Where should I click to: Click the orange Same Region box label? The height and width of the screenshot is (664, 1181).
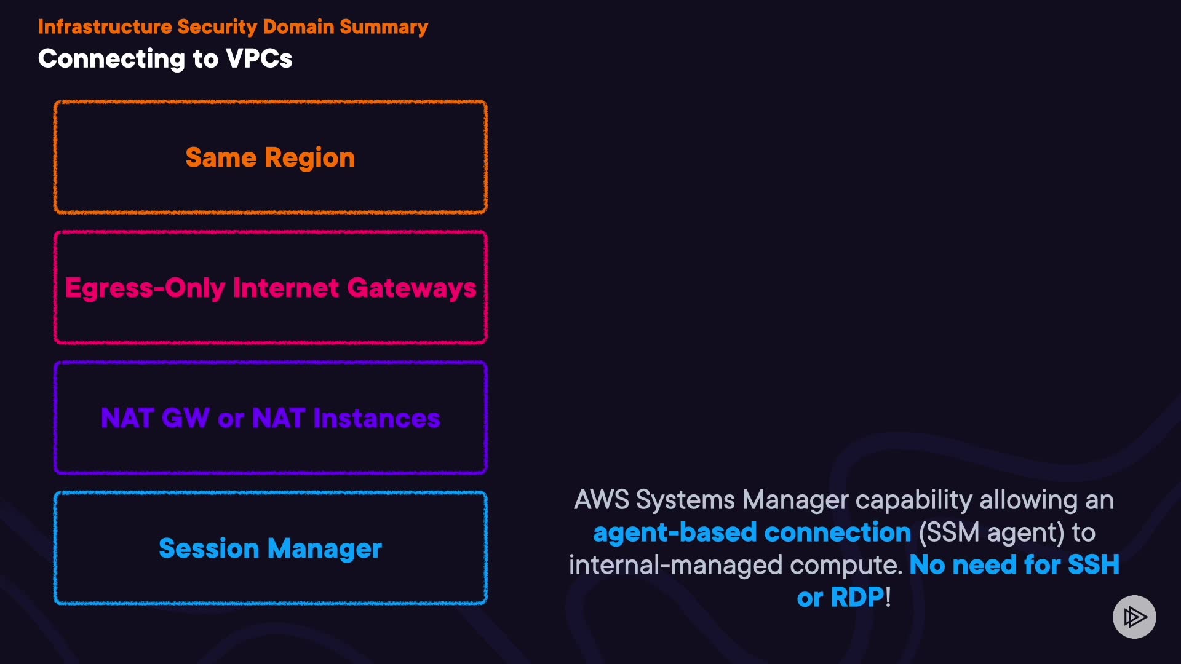(x=270, y=158)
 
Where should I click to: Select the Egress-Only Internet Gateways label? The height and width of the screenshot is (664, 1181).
(x=270, y=288)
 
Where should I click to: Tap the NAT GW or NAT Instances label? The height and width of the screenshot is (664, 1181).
(x=270, y=418)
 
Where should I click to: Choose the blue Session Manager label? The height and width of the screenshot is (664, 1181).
(x=270, y=548)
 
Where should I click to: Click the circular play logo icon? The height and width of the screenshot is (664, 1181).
(x=1134, y=617)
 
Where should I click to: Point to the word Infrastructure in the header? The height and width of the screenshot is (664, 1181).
(x=105, y=27)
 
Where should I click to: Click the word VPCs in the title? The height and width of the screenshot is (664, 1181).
(x=259, y=59)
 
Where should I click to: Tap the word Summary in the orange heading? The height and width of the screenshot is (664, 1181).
(x=384, y=27)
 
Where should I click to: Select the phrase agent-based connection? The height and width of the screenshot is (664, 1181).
(x=752, y=532)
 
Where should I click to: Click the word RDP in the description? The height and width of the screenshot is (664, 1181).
(x=857, y=598)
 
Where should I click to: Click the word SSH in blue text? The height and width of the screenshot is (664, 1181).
(x=1093, y=565)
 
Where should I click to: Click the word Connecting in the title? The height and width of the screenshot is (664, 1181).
(x=111, y=59)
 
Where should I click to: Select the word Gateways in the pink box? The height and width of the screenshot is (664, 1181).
(x=412, y=288)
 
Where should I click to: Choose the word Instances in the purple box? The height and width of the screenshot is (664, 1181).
(x=376, y=418)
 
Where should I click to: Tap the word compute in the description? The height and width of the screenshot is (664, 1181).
(x=846, y=565)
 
